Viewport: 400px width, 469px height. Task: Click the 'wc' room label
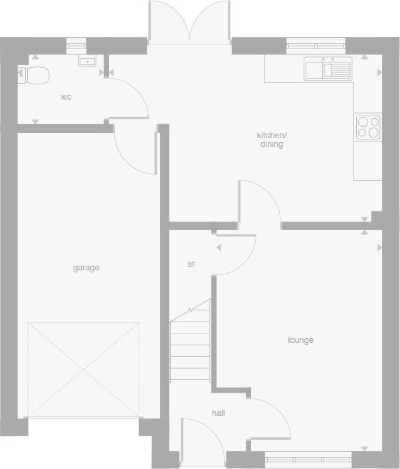(x=66, y=97)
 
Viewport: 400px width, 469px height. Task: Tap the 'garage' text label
(x=86, y=268)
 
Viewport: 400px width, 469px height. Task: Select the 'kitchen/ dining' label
(x=271, y=140)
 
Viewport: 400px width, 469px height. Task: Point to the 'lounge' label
(x=300, y=340)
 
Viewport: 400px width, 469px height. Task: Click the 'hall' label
(x=218, y=413)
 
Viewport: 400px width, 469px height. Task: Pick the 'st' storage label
(x=191, y=264)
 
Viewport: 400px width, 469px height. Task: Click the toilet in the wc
(x=35, y=75)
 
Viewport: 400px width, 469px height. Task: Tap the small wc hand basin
(x=87, y=61)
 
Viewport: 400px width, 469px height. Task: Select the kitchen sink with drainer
(x=328, y=69)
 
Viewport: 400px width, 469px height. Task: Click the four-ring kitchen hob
(x=368, y=127)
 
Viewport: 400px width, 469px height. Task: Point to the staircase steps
(x=191, y=349)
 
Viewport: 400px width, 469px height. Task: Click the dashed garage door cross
(x=84, y=369)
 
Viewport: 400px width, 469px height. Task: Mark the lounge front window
(x=308, y=458)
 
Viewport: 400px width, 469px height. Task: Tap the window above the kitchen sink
(x=316, y=46)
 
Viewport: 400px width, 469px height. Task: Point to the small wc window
(x=76, y=46)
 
